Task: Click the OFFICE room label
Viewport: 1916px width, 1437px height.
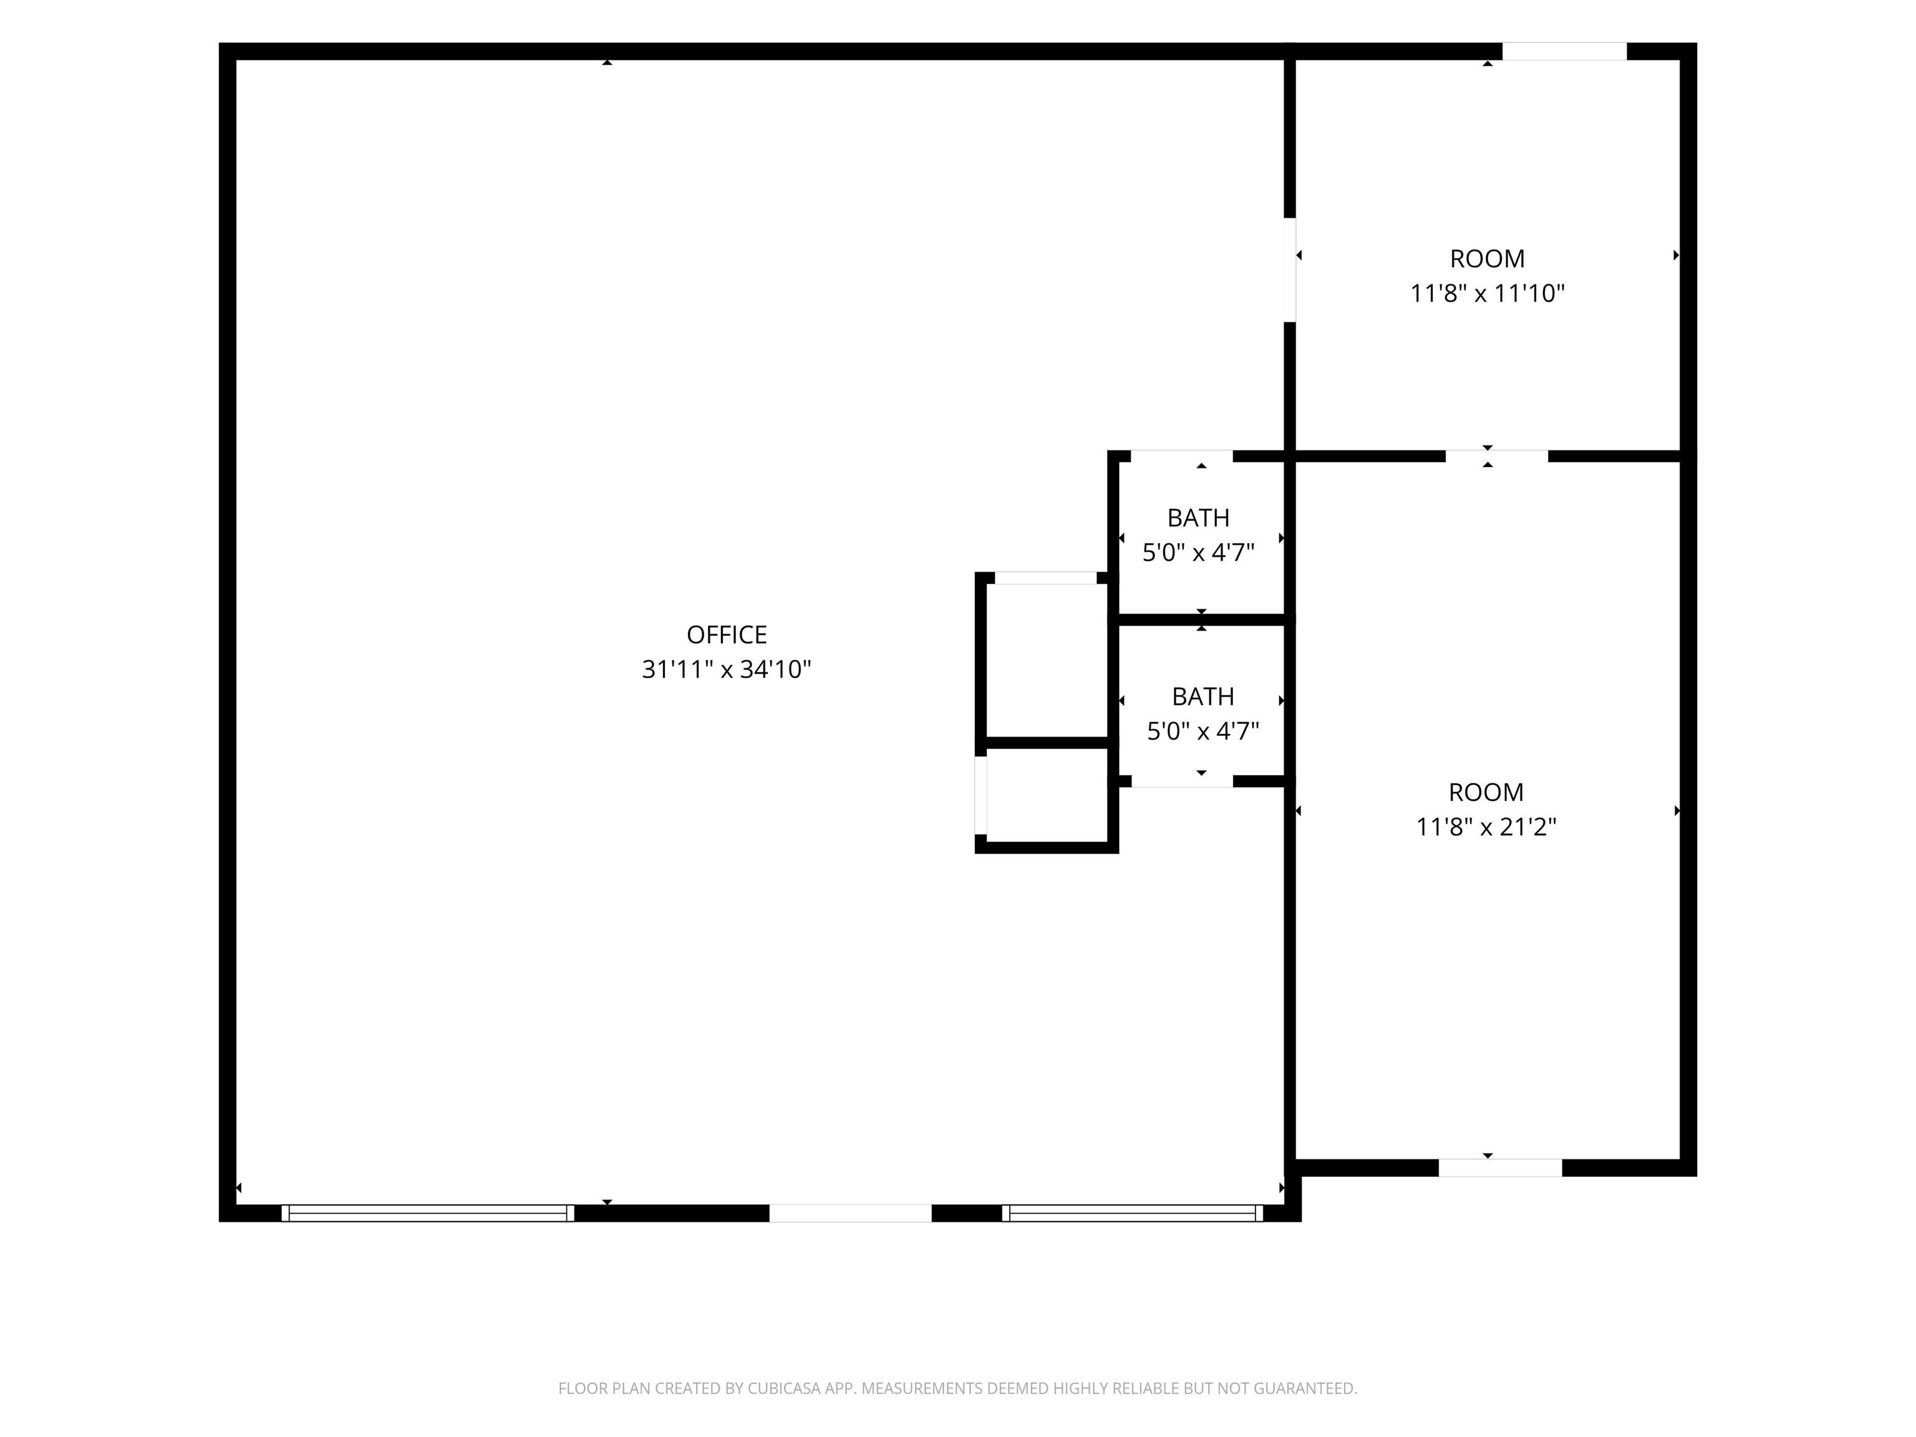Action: pos(727,635)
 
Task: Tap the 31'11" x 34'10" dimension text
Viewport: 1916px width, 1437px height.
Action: pos(727,670)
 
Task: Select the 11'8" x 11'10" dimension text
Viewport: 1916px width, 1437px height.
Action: pos(1488,294)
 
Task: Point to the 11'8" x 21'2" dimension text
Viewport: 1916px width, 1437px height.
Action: pos(1486,827)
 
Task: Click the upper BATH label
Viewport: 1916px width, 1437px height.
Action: pos(1198,518)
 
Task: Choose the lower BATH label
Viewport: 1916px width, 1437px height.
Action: pos(1203,697)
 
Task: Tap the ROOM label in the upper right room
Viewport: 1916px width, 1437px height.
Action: pos(1488,259)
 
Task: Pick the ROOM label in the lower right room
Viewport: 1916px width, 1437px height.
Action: pos(1486,793)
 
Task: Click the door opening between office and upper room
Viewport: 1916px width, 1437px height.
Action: pos(1290,269)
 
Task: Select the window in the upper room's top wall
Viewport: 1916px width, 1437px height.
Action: pos(1564,51)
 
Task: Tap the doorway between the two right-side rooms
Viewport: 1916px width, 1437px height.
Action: pos(1497,457)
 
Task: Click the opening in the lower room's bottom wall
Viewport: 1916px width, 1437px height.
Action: pos(1500,1168)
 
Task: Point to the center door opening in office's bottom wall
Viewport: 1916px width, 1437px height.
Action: pos(851,1214)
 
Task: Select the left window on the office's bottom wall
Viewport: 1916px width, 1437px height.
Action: pos(428,1214)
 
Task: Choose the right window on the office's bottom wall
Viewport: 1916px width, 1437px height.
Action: pos(1132,1214)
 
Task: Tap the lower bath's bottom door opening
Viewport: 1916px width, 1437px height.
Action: pos(1183,781)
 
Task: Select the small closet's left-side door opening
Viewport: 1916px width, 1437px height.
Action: pos(980,795)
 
